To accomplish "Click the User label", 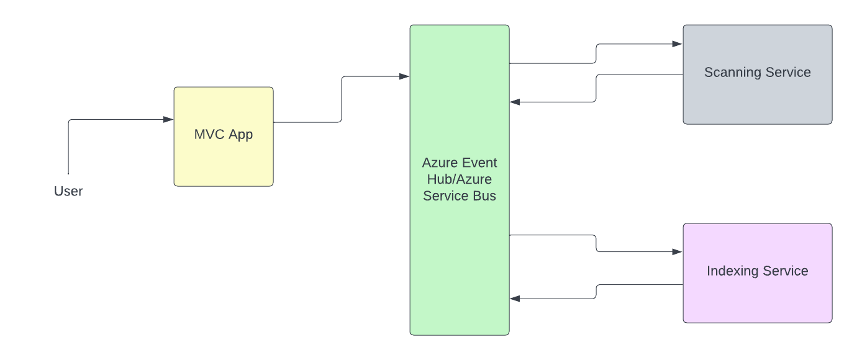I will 68,191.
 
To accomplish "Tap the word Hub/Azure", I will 459,179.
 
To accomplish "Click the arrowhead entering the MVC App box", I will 168,119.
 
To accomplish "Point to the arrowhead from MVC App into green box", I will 404,76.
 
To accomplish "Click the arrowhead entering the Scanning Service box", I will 678,44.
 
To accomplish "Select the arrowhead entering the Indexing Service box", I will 678,252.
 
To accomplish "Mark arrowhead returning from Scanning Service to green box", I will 515,102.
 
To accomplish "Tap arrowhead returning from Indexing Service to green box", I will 515,299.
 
